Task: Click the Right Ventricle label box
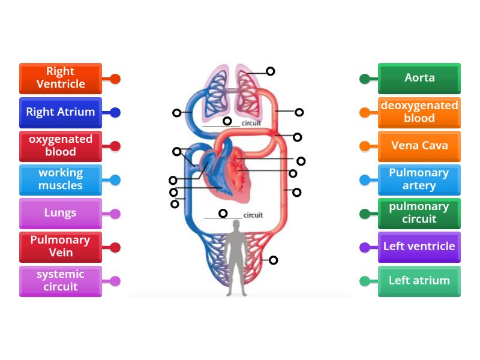point(61,78)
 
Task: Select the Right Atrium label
point(61,112)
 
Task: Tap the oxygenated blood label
point(61,146)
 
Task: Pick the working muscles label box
point(61,179)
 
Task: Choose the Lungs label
point(61,213)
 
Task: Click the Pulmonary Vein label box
point(61,247)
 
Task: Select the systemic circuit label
point(61,281)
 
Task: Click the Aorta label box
point(419,78)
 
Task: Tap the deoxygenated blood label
point(419,112)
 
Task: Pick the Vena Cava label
point(419,146)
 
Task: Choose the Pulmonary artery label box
point(419,179)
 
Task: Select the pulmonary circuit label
point(419,213)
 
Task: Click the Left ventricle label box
point(419,247)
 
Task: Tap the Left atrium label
point(419,281)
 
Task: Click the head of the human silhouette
point(236,225)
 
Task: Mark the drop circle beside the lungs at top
point(271,71)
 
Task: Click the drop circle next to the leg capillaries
point(274,260)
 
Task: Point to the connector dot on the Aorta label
point(364,79)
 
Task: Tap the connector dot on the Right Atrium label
point(116,112)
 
